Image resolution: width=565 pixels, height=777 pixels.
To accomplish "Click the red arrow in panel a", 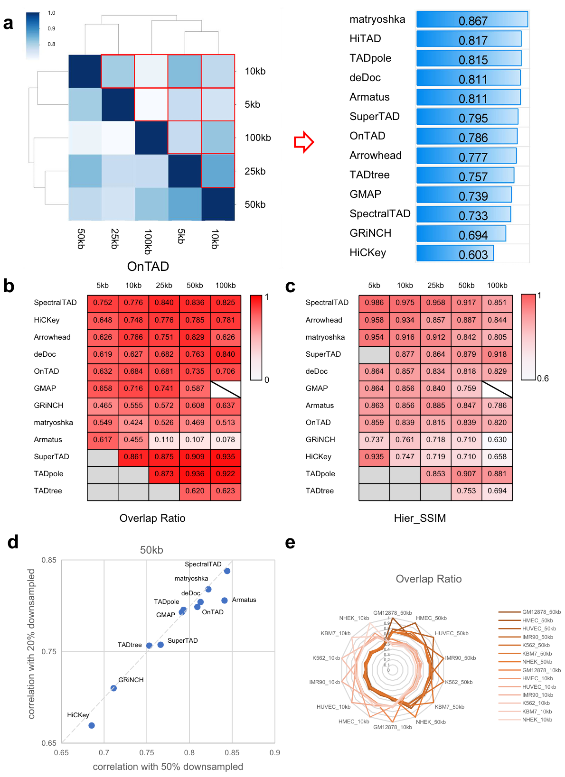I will click(304, 142).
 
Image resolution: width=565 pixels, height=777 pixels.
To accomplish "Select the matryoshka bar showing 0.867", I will click(472, 19).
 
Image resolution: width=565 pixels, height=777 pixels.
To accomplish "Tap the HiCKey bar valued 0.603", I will click(455, 253).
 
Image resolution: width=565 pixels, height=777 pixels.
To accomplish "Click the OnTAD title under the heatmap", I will click(148, 267).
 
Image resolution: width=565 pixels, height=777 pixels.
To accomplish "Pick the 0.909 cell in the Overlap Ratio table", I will click(195, 457).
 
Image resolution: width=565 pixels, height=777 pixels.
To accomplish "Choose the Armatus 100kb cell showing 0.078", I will click(226, 440).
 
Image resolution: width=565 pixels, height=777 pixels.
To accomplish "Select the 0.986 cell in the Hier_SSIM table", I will click(374, 303).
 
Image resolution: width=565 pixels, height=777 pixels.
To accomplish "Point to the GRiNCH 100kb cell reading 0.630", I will click(497, 440).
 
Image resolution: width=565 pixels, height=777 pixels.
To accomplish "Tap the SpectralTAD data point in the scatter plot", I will click(227, 571).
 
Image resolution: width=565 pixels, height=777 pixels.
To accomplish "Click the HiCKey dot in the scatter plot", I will click(92, 725).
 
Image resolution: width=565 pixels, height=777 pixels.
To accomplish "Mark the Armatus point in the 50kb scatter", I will click(225, 601).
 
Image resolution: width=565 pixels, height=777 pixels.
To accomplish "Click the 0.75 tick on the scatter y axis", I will click(49, 652).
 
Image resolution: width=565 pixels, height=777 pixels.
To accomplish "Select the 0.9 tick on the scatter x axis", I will click(274, 753).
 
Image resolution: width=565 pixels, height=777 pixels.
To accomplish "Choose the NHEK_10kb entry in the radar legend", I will click(537, 720).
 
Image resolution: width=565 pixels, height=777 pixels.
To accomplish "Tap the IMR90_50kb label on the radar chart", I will click(460, 658).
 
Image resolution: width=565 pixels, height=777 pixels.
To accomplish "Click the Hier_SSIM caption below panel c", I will click(420, 518).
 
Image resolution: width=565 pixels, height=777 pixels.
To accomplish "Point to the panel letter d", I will click(13, 542).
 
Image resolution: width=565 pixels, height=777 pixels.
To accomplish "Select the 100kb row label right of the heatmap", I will click(258, 138).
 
